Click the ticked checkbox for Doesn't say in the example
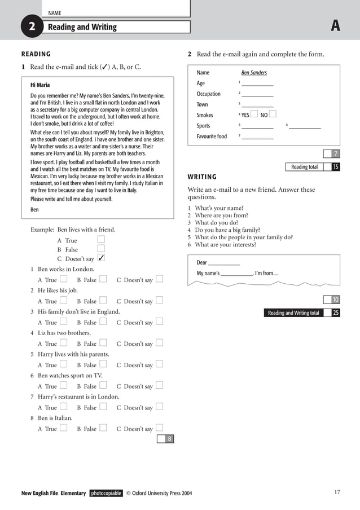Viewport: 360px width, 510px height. coord(101,258)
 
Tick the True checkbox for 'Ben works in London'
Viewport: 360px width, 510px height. coord(64,279)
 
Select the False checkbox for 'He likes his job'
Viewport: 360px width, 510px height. coord(103,300)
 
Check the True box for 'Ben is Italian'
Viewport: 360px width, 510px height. coord(64,428)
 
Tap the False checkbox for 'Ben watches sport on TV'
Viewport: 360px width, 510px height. coord(103,385)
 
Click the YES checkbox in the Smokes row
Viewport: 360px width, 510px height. coord(254,114)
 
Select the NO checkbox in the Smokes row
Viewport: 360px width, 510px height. coord(273,114)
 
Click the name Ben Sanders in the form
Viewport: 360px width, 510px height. coord(254,72)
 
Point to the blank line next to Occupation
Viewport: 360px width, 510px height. coord(257,95)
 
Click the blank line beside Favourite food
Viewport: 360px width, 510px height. coord(257,138)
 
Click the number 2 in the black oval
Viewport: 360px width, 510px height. coord(32,27)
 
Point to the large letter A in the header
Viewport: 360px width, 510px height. coord(336,26)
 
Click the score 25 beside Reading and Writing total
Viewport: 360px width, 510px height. coord(336,313)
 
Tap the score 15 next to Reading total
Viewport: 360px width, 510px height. coord(336,167)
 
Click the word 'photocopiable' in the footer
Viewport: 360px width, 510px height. coord(106,493)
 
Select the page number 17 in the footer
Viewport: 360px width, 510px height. coord(337,493)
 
